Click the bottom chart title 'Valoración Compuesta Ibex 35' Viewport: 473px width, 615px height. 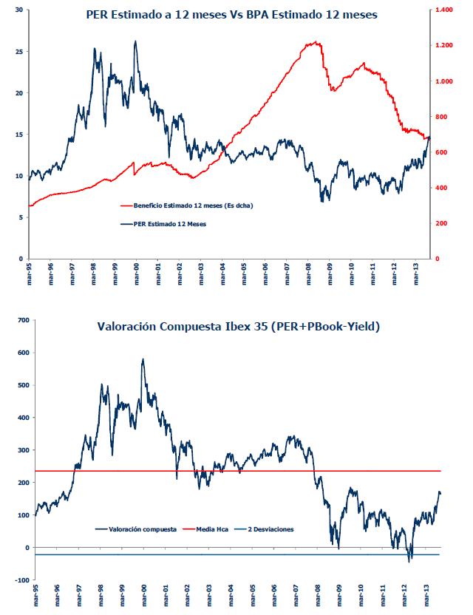[x=171, y=326]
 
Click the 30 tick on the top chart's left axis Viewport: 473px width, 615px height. [x=18, y=10]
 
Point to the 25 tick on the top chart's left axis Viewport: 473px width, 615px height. [x=18, y=52]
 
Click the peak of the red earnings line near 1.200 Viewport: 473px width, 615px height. [x=316, y=42]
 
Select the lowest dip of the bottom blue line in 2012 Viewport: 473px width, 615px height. [x=409, y=561]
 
